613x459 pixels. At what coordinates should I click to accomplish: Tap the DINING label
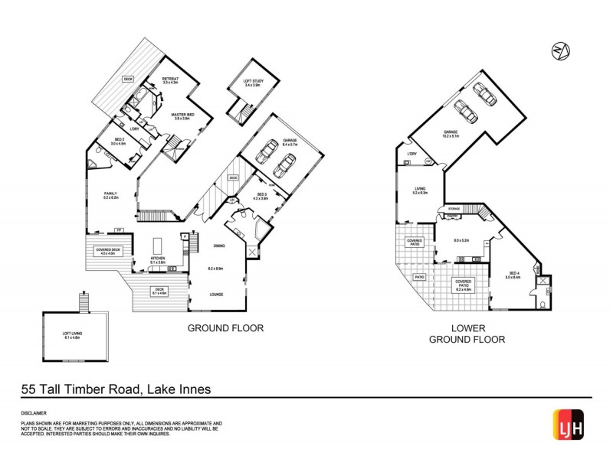tap(219, 246)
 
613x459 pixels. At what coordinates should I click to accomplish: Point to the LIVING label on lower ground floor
tap(419, 190)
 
